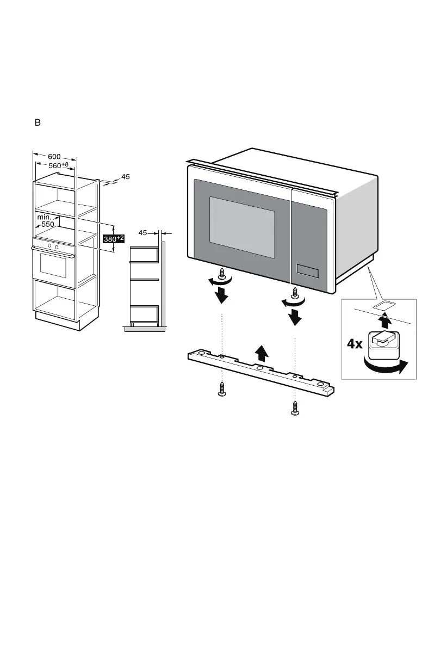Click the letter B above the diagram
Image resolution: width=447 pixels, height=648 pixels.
point(38,122)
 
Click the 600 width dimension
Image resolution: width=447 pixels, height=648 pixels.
point(54,156)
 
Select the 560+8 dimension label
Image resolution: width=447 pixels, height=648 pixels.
point(57,165)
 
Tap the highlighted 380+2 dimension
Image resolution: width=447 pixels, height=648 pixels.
point(114,238)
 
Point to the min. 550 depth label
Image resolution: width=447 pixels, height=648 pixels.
point(46,220)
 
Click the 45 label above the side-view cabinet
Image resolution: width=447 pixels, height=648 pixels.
point(143,233)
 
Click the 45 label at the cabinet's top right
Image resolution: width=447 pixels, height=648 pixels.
point(125,177)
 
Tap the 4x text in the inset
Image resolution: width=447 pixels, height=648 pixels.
point(356,344)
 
